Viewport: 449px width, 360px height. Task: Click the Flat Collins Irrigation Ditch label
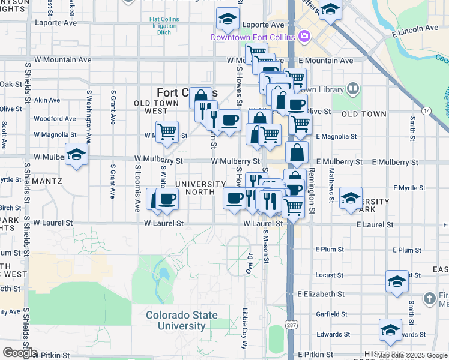164,26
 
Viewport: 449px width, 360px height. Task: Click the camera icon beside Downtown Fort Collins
304,37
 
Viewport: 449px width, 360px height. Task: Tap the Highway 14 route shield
427,111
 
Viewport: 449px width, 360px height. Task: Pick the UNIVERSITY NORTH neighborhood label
200,188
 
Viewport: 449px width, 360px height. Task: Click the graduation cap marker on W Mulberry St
76,155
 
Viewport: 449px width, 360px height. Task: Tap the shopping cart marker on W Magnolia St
167,131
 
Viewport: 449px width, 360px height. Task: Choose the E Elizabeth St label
321,294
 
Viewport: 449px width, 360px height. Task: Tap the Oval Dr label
250,263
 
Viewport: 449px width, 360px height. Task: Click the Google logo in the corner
19,352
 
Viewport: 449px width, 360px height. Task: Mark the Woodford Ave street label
55,119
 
